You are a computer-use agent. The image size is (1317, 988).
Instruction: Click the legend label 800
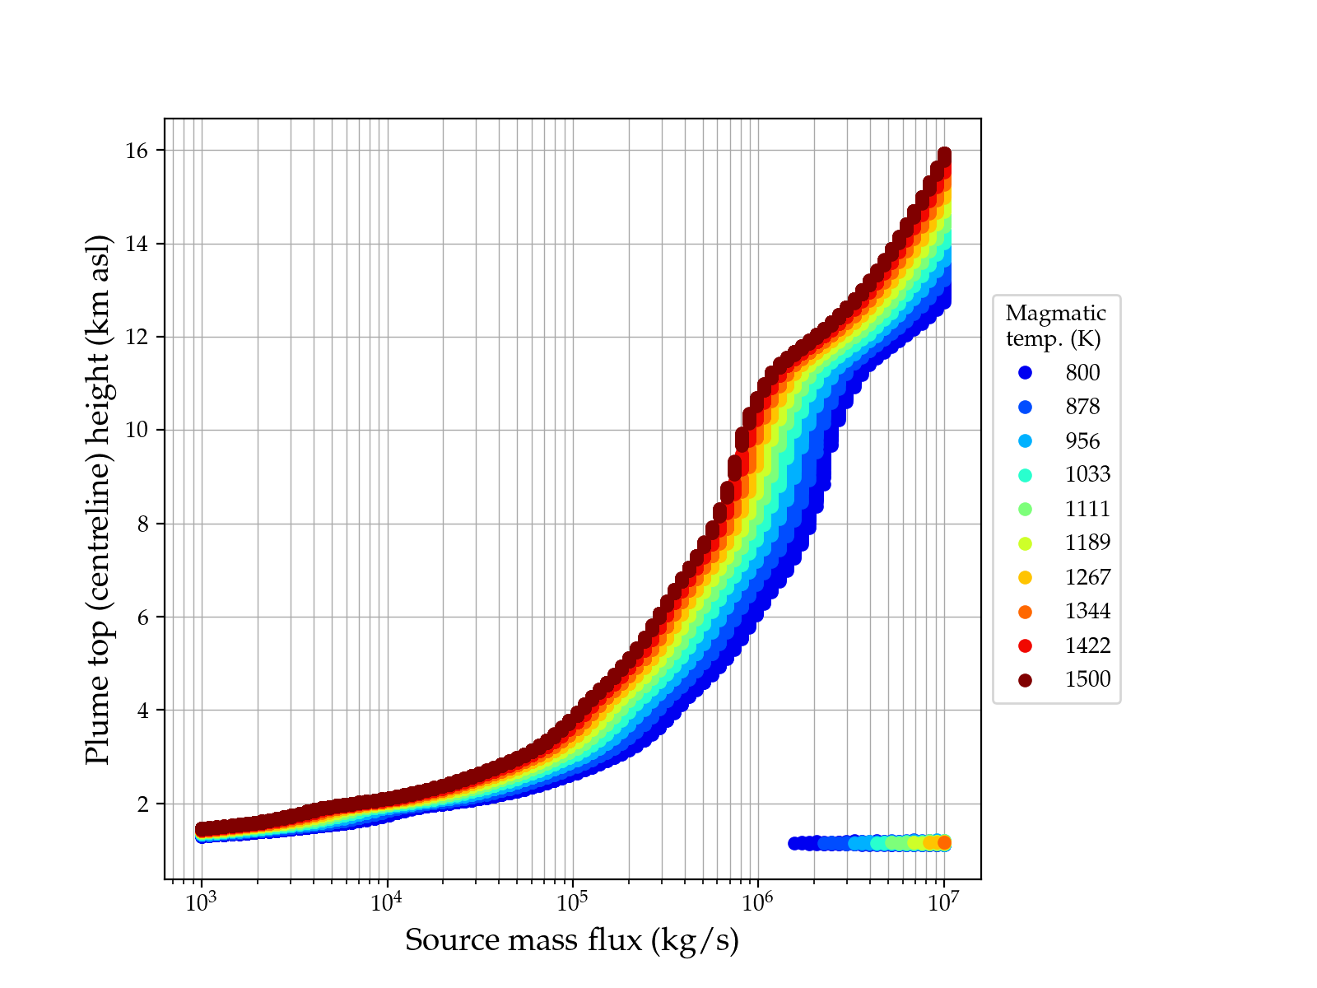(1082, 373)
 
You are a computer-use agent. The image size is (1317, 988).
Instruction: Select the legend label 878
(1082, 407)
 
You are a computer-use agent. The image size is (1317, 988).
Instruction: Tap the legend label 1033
(1087, 474)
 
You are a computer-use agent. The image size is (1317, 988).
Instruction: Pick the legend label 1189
(1087, 543)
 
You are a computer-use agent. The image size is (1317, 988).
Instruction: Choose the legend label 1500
(1087, 679)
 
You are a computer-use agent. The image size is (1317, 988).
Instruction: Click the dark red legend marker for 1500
(1025, 680)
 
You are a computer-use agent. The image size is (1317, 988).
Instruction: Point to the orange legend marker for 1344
(1025, 612)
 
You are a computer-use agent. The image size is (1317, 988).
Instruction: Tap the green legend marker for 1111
(1025, 509)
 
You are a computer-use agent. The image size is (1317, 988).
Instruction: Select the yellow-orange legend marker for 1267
(1025, 577)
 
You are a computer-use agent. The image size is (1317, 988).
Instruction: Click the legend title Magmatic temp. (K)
(1055, 325)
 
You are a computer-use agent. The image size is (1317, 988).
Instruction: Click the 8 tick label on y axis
(144, 524)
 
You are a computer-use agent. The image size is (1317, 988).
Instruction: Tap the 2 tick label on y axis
(144, 804)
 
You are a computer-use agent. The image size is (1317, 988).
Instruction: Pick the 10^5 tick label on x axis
(571, 902)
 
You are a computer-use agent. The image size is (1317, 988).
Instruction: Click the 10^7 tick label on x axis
(943, 902)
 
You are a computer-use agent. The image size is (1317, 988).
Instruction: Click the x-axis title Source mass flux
(572, 940)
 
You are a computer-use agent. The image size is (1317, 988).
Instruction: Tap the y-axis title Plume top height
(98, 499)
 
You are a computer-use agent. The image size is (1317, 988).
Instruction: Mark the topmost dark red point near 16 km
(944, 155)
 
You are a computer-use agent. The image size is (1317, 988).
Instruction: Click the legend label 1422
(1087, 645)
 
